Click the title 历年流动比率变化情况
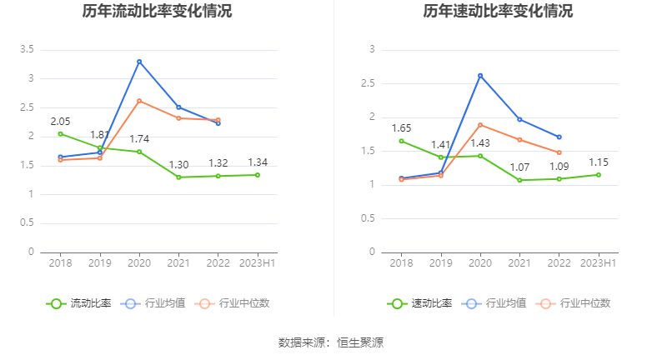158,12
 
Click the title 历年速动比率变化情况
499,12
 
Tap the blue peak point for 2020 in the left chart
139,62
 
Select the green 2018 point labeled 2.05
60,133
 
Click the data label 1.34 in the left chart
258,162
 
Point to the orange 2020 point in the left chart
139,101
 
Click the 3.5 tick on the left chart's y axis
28,50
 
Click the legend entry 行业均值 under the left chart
153,303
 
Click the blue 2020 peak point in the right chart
480,76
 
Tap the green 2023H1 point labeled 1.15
599,174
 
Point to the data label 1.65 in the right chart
401,128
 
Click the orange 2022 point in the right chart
559,152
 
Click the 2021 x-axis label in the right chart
519,263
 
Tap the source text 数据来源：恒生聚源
331,342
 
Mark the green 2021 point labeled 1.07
519,180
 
